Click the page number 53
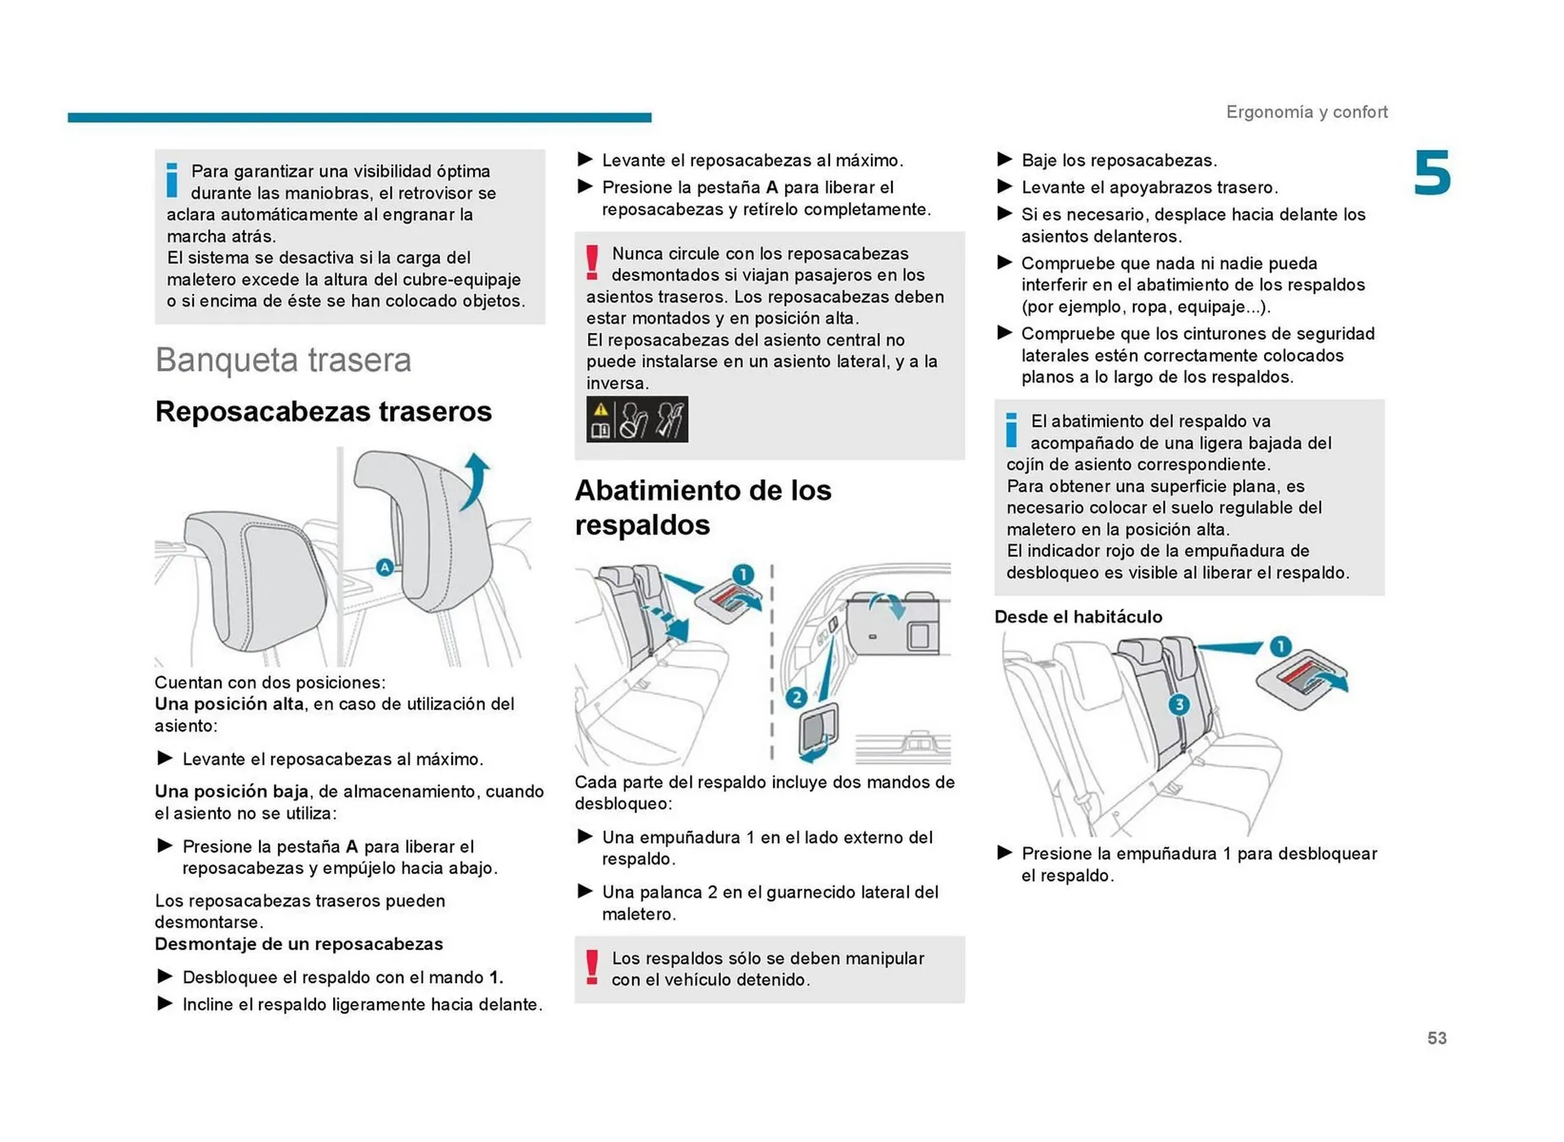pyautogui.click(x=1436, y=1038)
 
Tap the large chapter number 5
pyautogui.click(x=1432, y=173)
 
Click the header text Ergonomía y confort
pyautogui.click(x=1306, y=112)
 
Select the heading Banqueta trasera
pyautogui.click(x=283, y=360)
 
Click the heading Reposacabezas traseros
pyautogui.click(x=323, y=411)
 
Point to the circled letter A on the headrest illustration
pyautogui.click(x=384, y=567)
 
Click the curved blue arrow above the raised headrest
pyautogui.click(x=475, y=481)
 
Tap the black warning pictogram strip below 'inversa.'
pyautogui.click(x=636, y=419)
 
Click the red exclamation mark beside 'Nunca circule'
pyautogui.click(x=592, y=262)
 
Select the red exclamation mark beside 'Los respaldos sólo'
pyautogui.click(x=592, y=967)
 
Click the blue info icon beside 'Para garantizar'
pyautogui.click(x=172, y=180)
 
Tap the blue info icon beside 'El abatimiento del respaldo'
pyautogui.click(x=1011, y=430)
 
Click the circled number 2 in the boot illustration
pyautogui.click(x=796, y=697)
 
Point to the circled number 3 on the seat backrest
pyautogui.click(x=1178, y=704)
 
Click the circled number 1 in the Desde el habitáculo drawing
pyautogui.click(x=1280, y=647)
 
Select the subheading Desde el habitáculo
pyautogui.click(x=1078, y=617)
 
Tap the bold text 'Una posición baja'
pyautogui.click(x=231, y=792)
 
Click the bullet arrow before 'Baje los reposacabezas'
pyautogui.click(x=1004, y=160)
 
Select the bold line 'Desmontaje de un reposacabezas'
pyautogui.click(x=298, y=944)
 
